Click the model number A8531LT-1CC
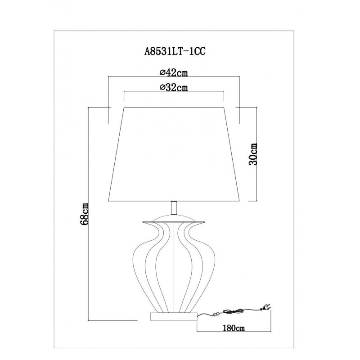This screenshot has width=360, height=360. point(175,52)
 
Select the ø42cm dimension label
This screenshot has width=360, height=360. point(174,72)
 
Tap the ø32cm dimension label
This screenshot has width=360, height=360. point(174,87)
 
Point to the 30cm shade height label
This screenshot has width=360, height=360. point(253,154)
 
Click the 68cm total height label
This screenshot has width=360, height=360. point(84,214)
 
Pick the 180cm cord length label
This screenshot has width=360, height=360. point(234,328)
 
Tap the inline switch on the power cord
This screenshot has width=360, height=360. point(216,314)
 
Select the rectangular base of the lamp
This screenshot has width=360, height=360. point(174,316)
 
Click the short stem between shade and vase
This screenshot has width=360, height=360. point(174,207)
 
